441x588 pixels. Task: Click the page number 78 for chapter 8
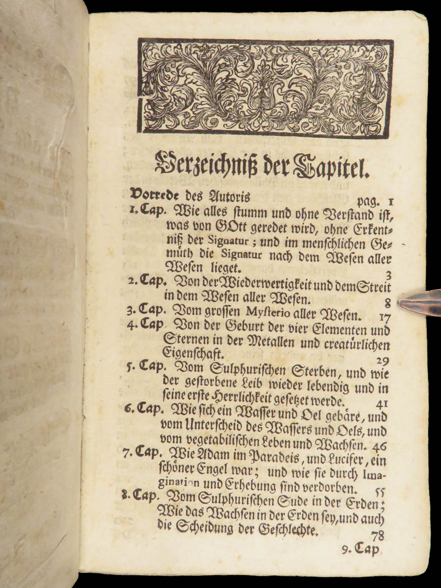tap(378, 535)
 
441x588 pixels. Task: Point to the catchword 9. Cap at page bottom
tap(360, 550)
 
